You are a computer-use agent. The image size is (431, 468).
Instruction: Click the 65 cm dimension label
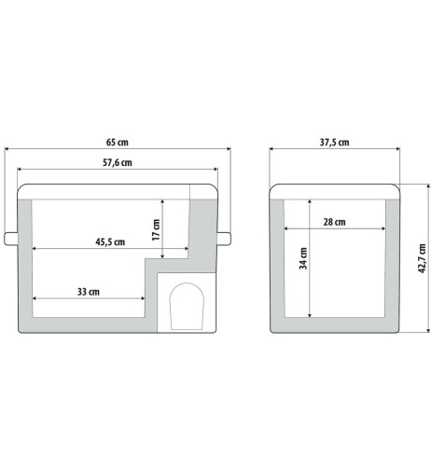coord(118,143)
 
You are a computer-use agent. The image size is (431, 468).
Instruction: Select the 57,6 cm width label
coord(118,162)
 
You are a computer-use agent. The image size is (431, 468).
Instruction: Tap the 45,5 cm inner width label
coord(110,241)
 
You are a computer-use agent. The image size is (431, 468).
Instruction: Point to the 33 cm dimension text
coord(89,292)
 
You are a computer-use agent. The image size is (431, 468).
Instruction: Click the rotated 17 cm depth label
coord(156,229)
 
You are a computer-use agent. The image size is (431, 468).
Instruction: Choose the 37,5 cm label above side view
coord(334,143)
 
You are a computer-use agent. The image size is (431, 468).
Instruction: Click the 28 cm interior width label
coord(334,222)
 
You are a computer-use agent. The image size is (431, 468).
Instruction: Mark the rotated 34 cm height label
coord(303,258)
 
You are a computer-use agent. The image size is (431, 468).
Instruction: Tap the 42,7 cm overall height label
coord(422,258)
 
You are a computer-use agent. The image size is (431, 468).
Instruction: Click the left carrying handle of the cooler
coord(11,239)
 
